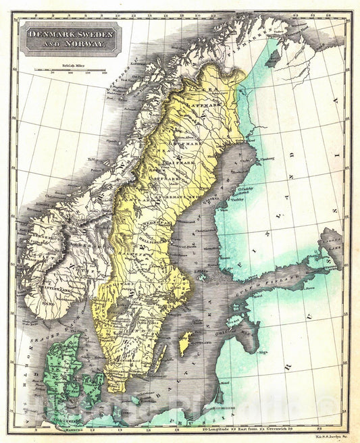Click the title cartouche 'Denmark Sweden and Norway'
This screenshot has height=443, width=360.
point(70,38)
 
